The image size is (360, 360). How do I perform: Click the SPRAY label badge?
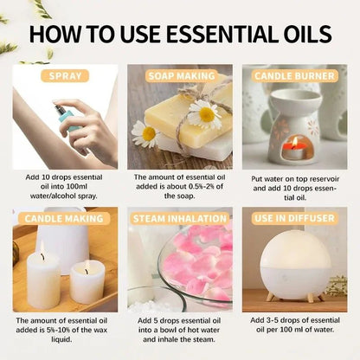66,75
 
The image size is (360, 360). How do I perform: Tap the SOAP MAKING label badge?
180,75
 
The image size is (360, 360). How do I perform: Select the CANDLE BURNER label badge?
295,75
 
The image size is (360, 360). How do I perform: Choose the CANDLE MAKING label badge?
66,218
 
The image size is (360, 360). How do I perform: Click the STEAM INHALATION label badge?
180,218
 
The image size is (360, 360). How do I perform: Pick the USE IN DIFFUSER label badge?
295,218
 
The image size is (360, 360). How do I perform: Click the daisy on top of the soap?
205,112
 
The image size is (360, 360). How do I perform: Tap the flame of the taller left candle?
42,254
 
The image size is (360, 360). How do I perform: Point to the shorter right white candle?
87,283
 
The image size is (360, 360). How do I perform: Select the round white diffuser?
293,263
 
